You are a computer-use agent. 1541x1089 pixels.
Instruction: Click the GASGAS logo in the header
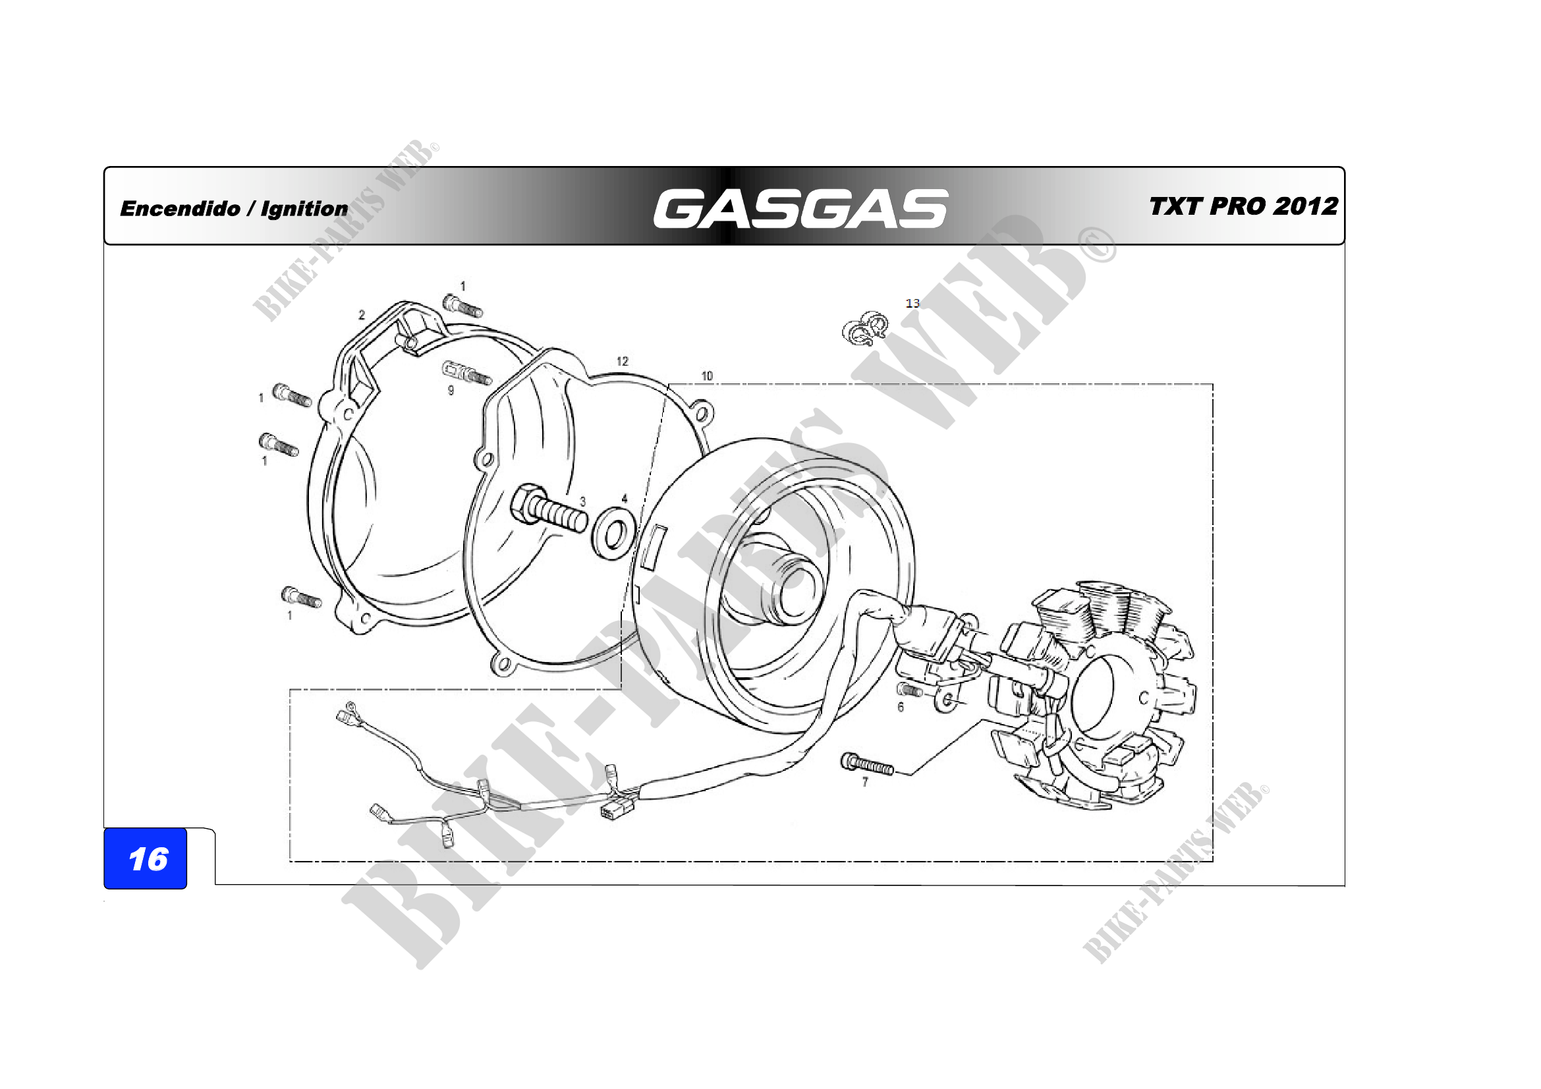[x=800, y=208]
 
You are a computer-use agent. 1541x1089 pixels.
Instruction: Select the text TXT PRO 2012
[x=1244, y=206]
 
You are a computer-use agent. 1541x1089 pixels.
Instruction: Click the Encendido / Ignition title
[x=234, y=209]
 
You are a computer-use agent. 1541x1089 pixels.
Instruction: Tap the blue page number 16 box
[x=145, y=858]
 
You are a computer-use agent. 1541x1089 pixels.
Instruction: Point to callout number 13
[x=912, y=303]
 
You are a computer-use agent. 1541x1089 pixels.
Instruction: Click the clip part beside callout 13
[x=866, y=329]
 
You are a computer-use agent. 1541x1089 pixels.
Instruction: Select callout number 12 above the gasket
[x=622, y=361]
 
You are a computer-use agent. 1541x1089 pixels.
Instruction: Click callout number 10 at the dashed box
[x=707, y=376]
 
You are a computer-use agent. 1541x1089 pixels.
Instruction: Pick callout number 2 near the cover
[x=362, y=315]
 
